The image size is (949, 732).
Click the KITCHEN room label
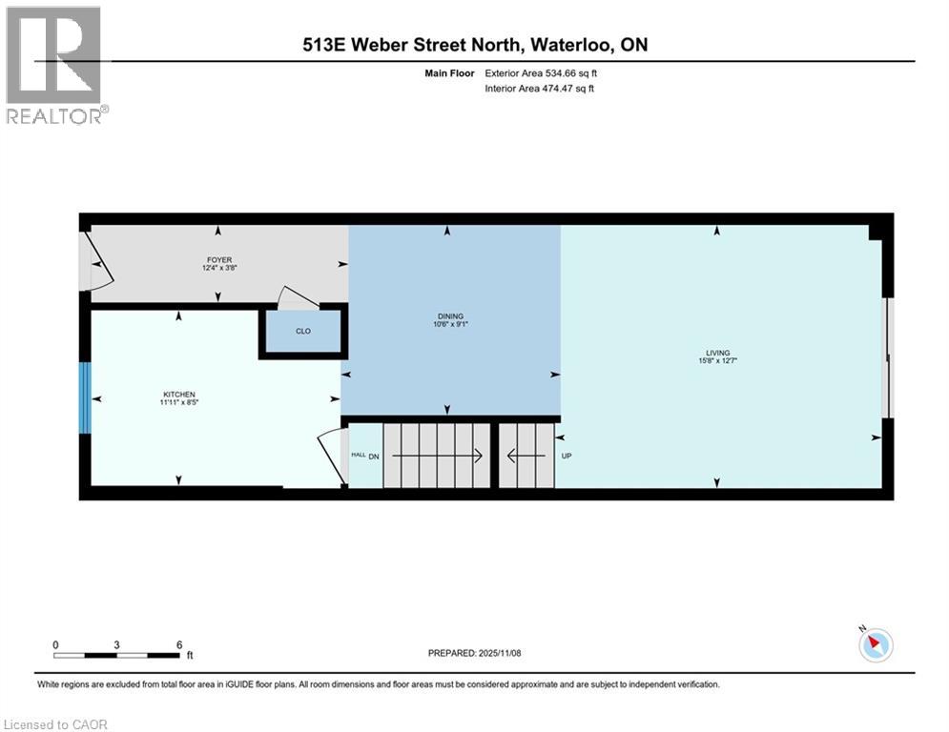pos(179,395)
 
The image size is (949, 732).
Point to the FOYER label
pos(218,260)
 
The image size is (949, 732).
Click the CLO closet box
pos(302,332)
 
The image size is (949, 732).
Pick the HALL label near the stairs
pos(358,456)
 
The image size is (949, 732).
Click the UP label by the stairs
pos(567,456)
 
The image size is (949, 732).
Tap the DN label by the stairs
pos(374,456)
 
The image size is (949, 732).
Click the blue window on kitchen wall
pos(85,397)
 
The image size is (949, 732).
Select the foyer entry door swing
pos(98,262)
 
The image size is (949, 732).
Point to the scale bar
pos(116,655)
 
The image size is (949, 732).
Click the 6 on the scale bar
pos(178,644)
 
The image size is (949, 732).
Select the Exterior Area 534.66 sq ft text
pos(541,72)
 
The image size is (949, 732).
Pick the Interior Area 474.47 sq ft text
pos(540,89)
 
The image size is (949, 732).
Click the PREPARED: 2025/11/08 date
pos(474,653)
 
